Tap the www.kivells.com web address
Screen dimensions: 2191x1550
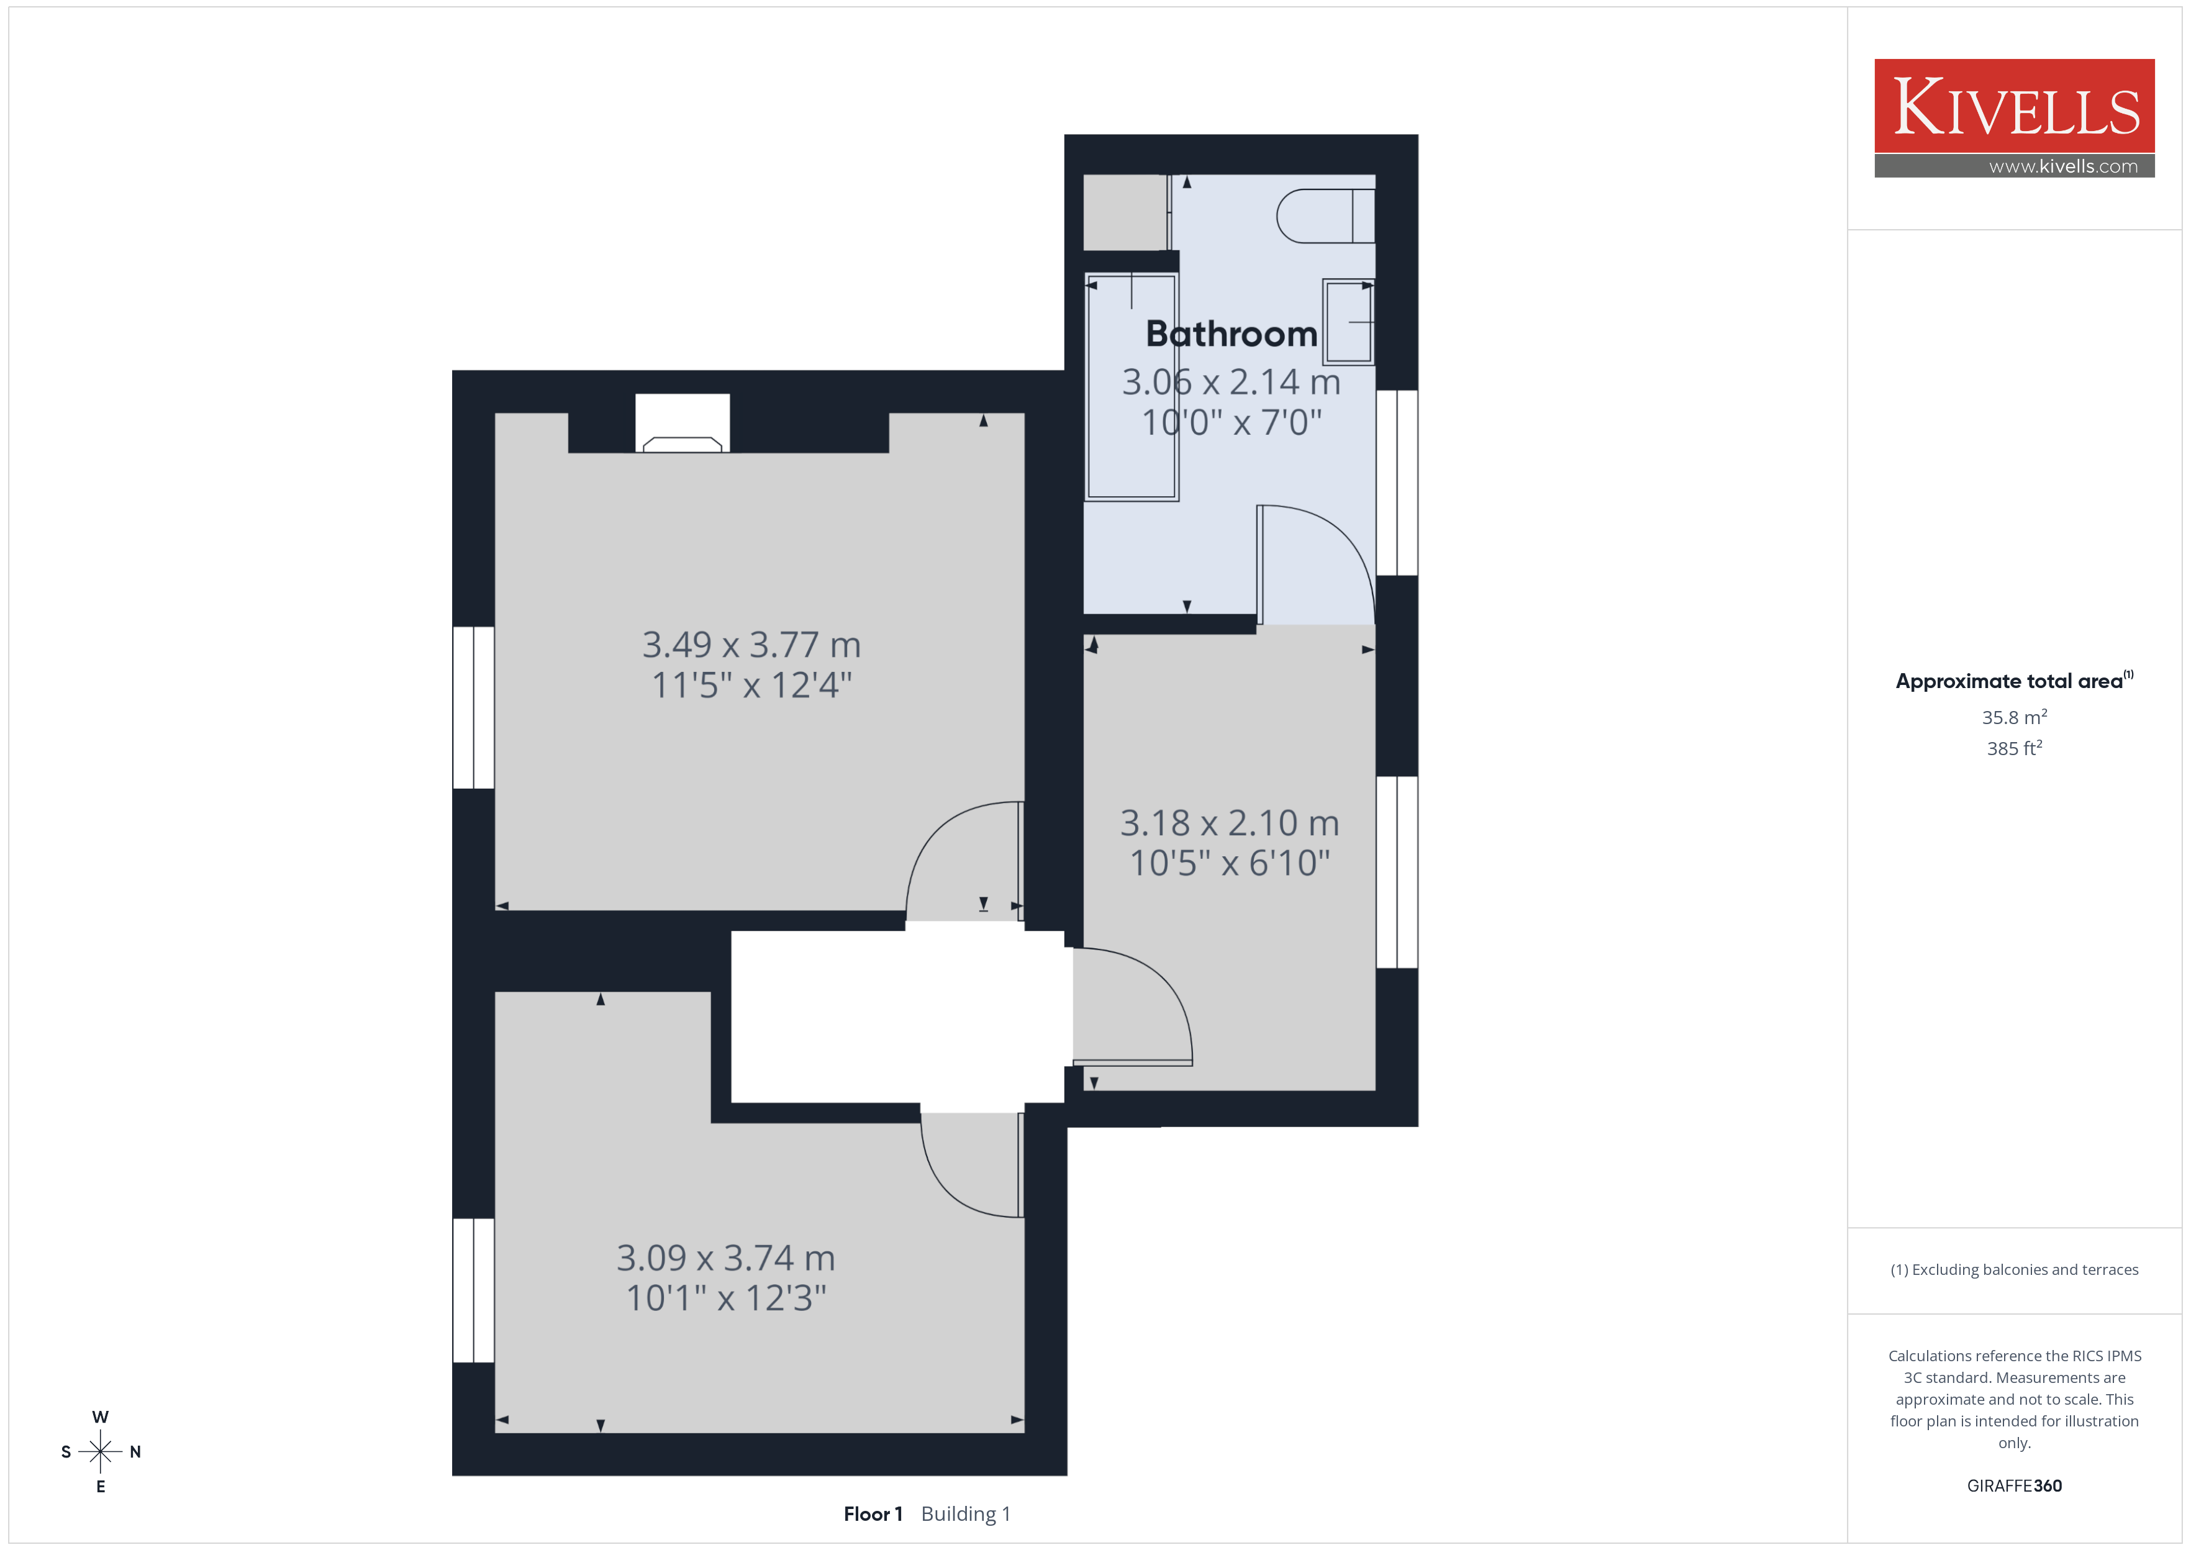coord(2063,166)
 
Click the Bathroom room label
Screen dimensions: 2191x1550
coord(1231,334)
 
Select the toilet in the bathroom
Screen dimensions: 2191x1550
coord(1325,215)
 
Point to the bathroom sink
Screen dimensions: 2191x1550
coord(1348,322)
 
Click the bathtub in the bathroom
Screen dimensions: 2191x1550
coord(1132,386)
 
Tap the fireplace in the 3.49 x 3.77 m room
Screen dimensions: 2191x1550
coord(683,423)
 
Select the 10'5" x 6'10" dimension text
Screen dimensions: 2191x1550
coord(1230,863)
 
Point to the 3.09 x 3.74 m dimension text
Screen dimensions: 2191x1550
coord(726,1258)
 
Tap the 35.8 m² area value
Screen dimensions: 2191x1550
coord(2015,717)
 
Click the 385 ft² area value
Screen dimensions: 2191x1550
coord(2015,748)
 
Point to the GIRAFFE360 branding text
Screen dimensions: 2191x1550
coord(2015,1486)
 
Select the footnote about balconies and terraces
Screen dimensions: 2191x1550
coord(2015,1269)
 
